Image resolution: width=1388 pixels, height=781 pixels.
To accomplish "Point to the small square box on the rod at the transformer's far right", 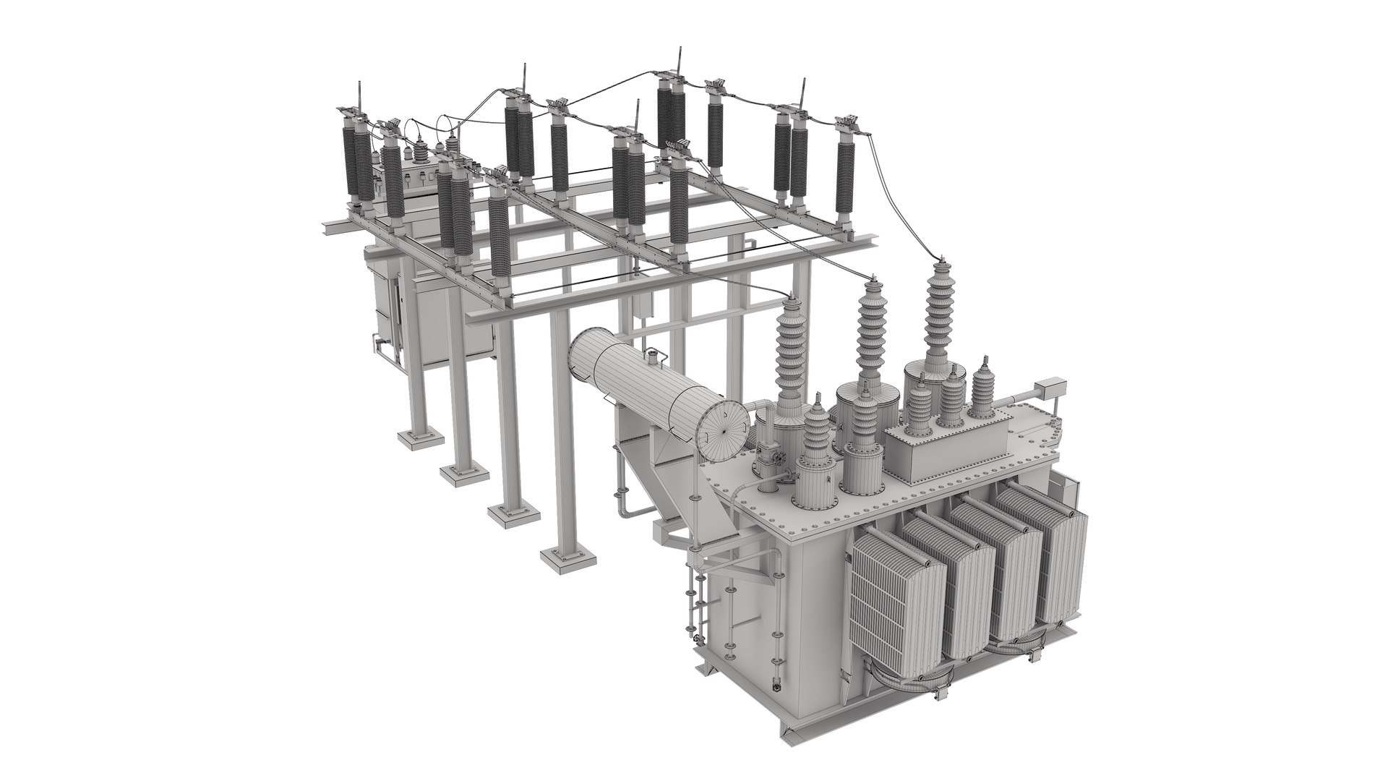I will click(x=1049, y=388).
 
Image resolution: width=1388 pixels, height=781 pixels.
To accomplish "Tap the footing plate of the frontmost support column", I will click(x=570, y=556).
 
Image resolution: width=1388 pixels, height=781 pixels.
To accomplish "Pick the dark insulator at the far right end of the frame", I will click(x=846, y=174).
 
